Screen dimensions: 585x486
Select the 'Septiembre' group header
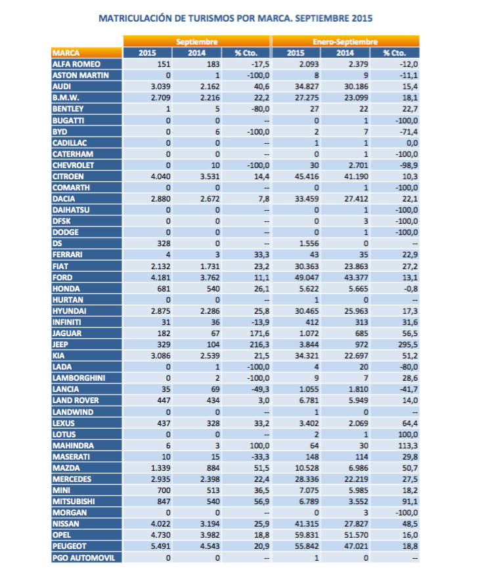click(x=196, y=41)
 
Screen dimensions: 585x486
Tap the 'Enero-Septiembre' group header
click(x=345, y=41)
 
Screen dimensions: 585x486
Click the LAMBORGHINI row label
click(x=78, y=378)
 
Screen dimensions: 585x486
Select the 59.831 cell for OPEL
click(x=306, y=535)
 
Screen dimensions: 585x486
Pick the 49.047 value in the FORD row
click(x=306, y=276)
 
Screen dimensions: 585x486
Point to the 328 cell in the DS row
click(x=164, y=243)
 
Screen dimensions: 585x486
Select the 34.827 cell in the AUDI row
click(x=306, y=86)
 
